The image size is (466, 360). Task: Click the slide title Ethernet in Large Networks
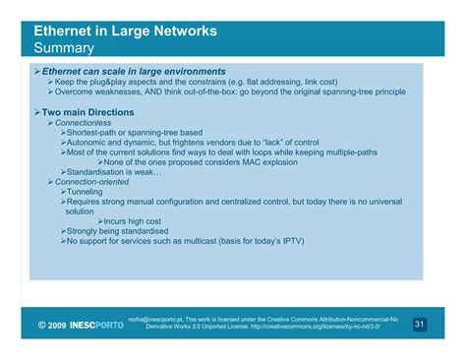pos(125,30)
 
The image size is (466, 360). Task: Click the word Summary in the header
pos(64,47)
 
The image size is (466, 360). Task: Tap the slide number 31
pos(420,324)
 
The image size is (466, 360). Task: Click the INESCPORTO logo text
pos(97,325)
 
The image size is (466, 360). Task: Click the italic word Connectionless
pos(83,123)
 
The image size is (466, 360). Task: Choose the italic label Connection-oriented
pos(94,182)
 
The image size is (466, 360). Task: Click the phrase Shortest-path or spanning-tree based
pos(135,133)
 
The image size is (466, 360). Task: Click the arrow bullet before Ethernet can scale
pos(35,72)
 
